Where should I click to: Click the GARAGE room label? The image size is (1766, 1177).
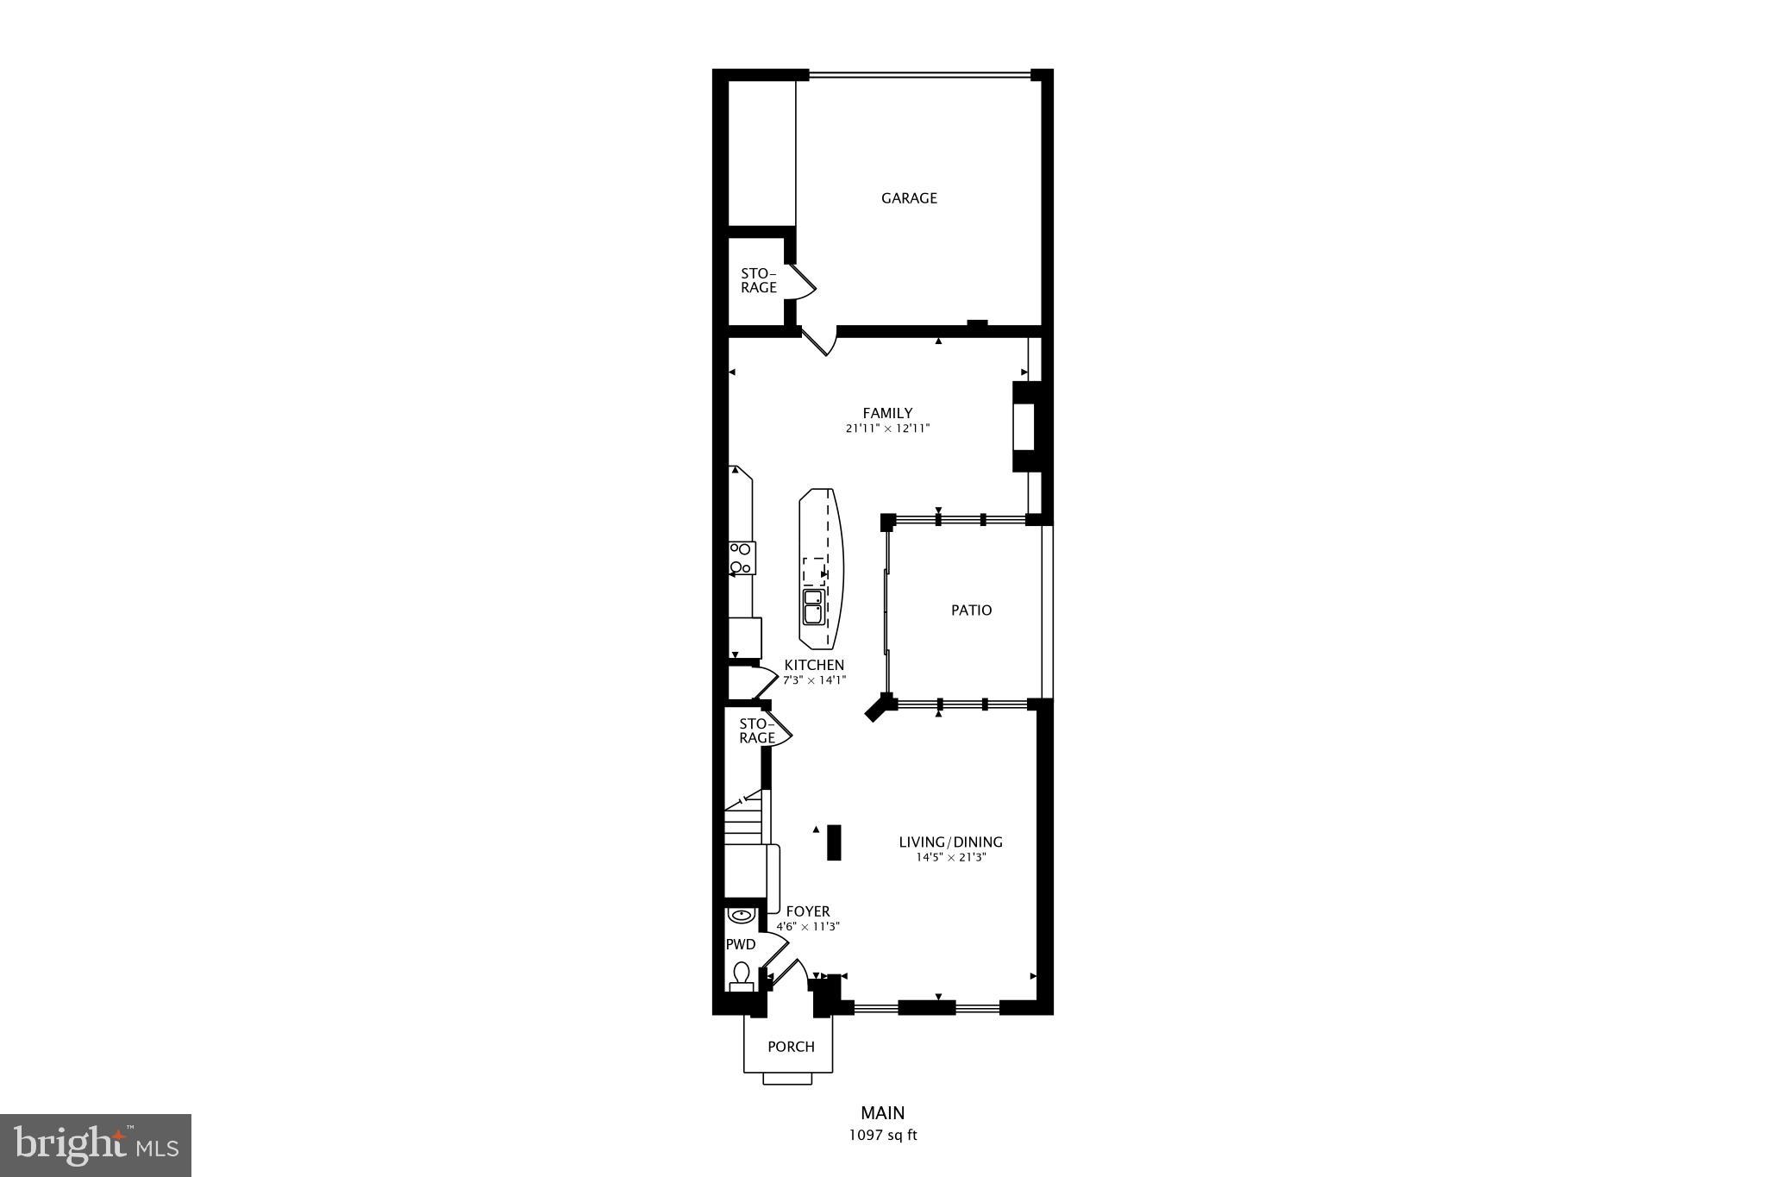point(909,198)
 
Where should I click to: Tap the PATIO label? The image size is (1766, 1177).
point(971,610)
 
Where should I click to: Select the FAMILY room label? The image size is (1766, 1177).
point(887,413)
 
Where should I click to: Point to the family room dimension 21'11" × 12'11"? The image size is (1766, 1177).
point(887,429)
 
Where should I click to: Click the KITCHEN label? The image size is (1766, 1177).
point(814,665)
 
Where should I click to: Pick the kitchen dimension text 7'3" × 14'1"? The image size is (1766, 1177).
point(814,679)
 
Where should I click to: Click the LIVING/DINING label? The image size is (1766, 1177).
point(950,842)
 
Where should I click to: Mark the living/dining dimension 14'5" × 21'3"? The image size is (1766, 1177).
point(950,858)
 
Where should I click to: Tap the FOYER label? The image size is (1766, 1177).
point(808,911)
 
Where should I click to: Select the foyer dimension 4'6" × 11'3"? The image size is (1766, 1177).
point(808,927)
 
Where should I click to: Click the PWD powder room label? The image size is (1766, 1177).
point(740,944)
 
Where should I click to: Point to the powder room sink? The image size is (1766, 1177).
point(741,915)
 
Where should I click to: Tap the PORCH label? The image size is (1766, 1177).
point(791,1047)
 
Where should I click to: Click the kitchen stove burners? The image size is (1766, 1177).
point(742,558)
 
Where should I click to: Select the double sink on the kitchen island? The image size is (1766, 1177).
point(813,606)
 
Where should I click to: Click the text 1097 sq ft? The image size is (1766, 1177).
point(883,1136)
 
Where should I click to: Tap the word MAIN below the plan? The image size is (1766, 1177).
point(883,1113)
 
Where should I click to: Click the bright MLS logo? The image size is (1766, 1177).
point(96,1145)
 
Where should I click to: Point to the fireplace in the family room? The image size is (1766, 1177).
point(1026,427)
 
